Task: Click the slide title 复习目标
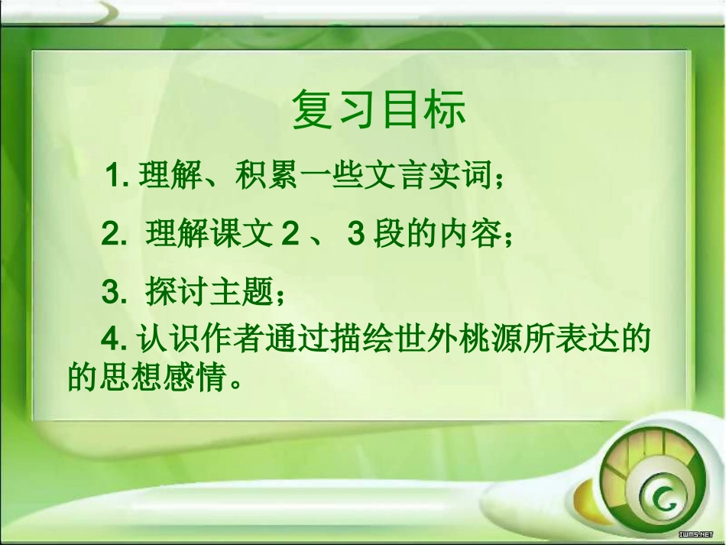point(378,112)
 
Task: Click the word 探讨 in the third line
point(171,291)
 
